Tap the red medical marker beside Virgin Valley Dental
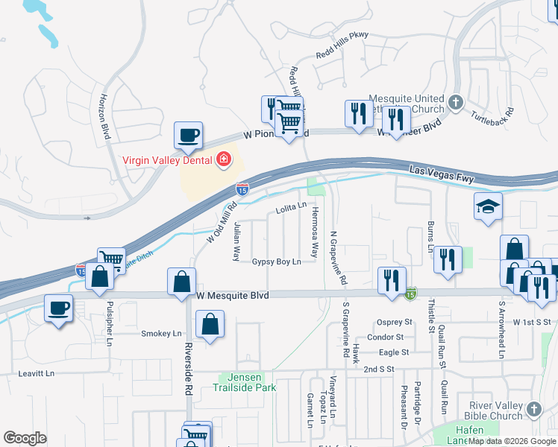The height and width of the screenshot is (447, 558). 222,159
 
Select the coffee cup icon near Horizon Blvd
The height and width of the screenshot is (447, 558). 188,135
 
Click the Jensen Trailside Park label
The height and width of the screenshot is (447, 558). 244,383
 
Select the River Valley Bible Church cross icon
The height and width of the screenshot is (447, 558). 533,409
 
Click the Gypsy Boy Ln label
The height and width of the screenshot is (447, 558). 276,262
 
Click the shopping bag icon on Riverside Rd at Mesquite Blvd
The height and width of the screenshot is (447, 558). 182,282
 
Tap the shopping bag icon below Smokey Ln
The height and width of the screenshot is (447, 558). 210,324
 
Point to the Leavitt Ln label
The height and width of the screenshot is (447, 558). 37,373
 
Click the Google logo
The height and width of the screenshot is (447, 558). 25,438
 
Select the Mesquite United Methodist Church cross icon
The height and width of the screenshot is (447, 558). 457,101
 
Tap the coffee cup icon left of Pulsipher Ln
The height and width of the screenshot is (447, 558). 59,307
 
